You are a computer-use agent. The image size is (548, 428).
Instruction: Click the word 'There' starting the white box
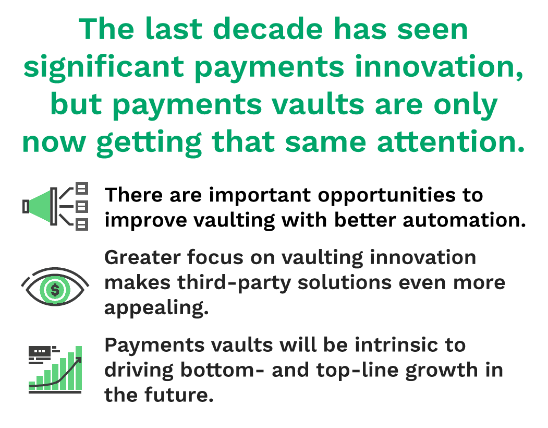tap(133, 195)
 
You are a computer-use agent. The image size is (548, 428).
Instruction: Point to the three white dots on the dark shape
tap(40, 351)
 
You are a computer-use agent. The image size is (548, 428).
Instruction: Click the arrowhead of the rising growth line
tap(79, 360)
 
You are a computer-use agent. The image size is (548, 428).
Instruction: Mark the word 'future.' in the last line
tap(177, 395)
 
